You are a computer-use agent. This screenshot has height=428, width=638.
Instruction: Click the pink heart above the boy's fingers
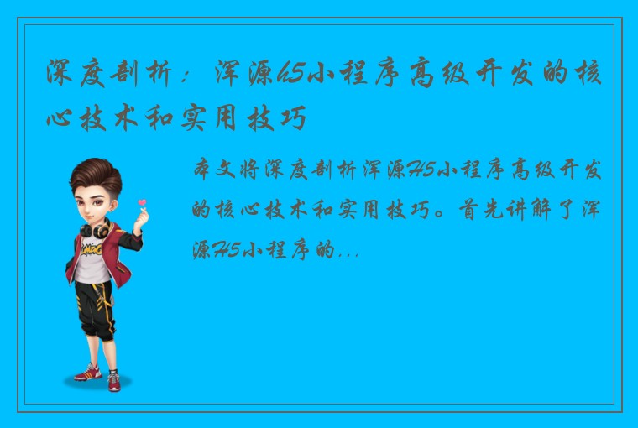[x=142, y=202]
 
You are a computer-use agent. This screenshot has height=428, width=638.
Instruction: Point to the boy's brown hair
[x=92, y=171]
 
